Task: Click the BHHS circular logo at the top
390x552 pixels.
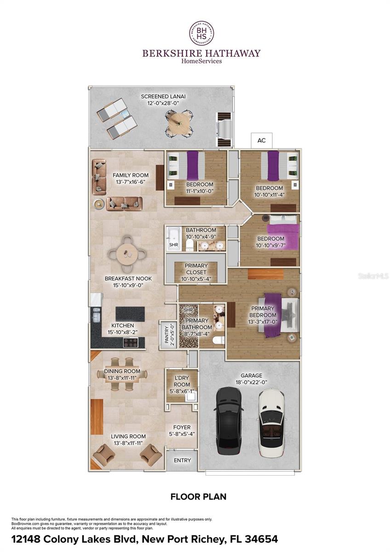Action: [201, 33]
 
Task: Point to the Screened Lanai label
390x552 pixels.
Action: [163, 97]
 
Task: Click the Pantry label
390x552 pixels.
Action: [167, 334]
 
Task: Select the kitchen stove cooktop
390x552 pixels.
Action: [130, 342]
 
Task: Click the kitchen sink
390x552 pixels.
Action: [97, 316]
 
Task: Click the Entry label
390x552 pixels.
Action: [182, 460]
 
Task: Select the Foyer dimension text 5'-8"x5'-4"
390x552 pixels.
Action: [182, 434]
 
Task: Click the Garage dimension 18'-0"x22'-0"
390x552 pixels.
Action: [251, 382]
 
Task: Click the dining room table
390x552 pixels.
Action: [123, 374]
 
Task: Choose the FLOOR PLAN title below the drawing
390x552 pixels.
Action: [198, 496]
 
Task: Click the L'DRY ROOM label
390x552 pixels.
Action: [182, 381]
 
